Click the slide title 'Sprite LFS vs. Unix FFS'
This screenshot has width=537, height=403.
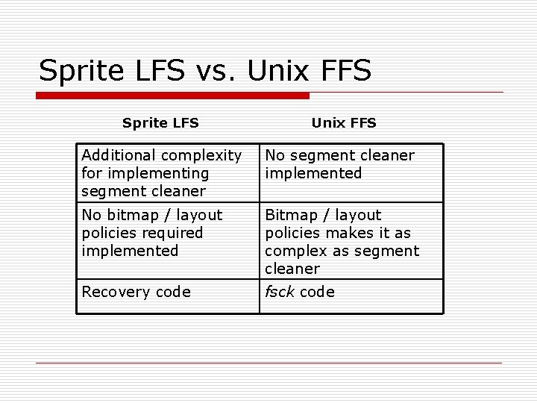pyautogui.click(x=204, y=71)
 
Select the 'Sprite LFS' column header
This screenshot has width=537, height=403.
pyautogui.click(x=160, y=122)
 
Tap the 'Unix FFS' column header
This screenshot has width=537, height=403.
pyautogui.click(x=344, y=122)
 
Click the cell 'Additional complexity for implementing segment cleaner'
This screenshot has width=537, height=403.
pyautogui.click(x=167, y=173)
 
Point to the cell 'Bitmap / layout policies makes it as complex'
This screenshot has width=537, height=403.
pyautogui.click(x=351, y=242)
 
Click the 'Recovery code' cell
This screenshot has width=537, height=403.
pyautogui.click(x=167, y=292)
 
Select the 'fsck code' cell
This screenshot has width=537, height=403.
pyautogui.click(x=351, y=292)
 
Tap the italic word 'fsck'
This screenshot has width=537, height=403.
pyautogui.click(x=280, y=292)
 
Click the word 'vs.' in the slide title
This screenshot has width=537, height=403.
pyautogui.click(x=208, y=71)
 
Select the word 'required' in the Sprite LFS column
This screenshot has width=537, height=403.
pyautogui.click(x=171, y=233)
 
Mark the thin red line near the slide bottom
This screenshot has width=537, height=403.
pyautogui.click(x=268, y=363)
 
